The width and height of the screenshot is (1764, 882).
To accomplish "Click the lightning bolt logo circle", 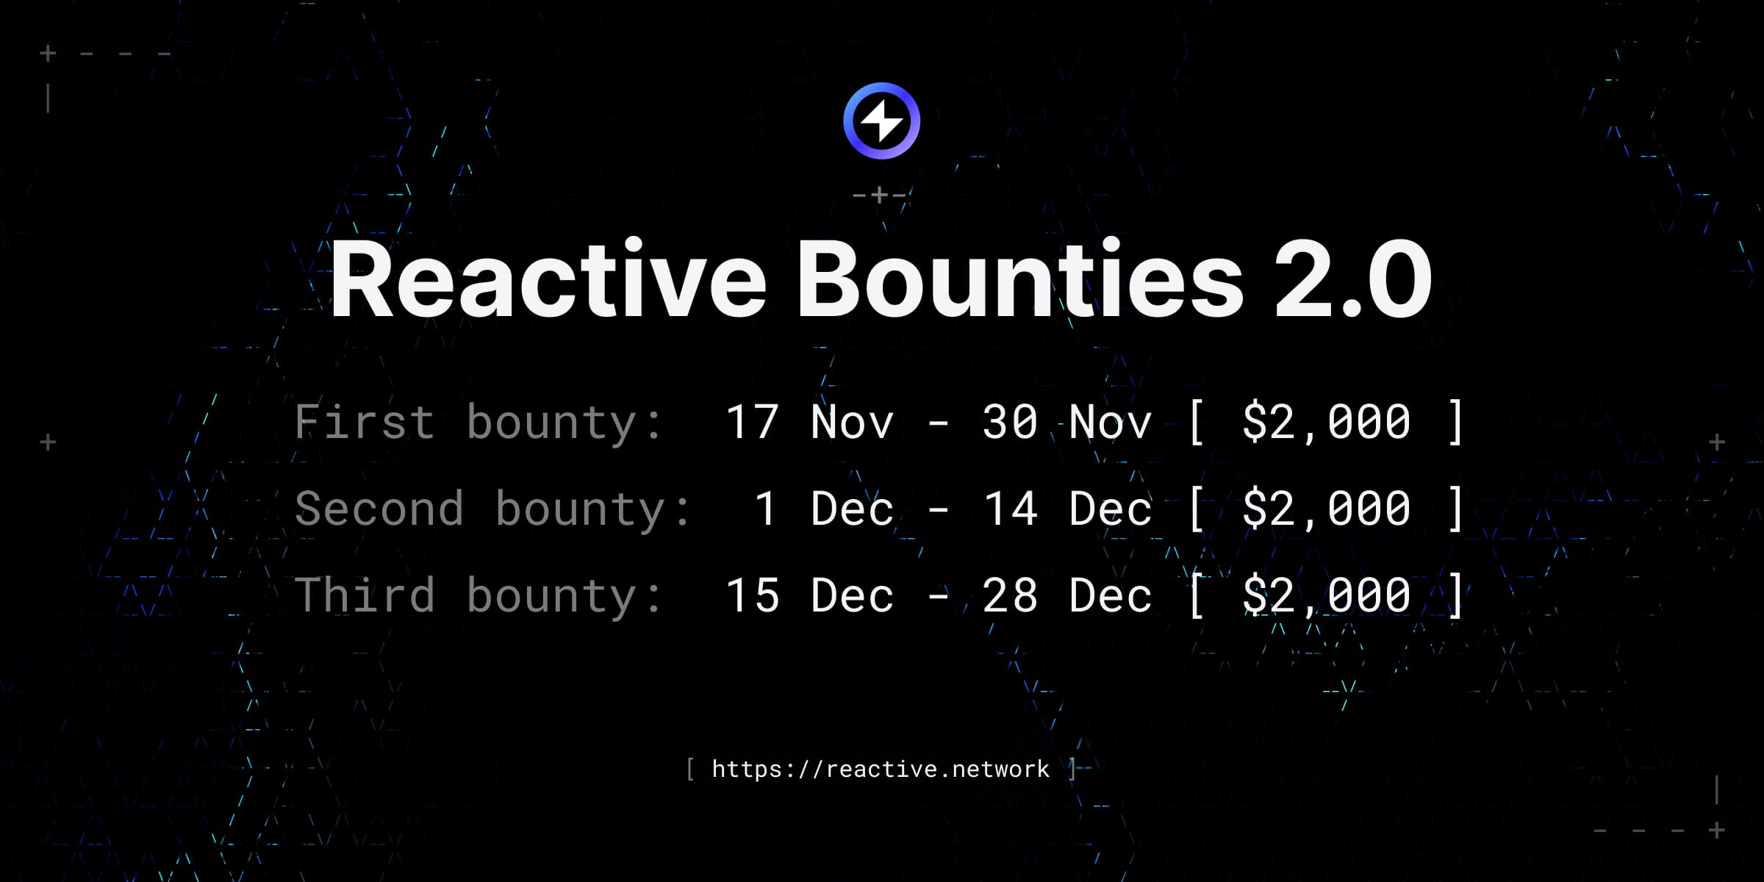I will (881, 121).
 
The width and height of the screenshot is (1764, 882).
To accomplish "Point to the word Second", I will (379, 509).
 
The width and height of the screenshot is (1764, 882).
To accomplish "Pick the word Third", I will (365, 595).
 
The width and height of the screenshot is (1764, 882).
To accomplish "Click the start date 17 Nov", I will (809, 422).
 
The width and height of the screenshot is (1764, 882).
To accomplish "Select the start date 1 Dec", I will (823, 509).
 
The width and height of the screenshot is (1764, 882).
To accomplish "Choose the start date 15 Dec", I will (809, 595).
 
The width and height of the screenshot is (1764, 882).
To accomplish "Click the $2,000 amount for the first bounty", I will (1326, 422).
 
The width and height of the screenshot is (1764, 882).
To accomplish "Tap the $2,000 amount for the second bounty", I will (1326, 509).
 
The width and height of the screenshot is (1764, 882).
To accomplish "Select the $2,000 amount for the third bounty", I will (1326, 595).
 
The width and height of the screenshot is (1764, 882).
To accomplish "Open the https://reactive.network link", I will (881, 769).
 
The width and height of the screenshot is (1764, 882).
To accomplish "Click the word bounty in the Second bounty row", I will (581, 509).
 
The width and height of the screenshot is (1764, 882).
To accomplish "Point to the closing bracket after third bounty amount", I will (1455, 595).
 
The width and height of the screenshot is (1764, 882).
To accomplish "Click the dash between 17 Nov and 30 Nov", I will (938, 423).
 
